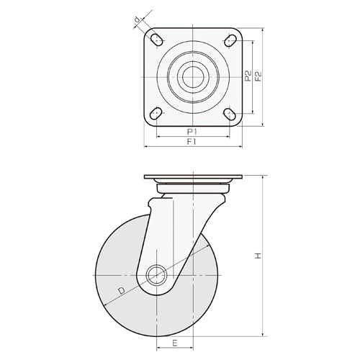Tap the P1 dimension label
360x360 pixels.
(x=192, y=132)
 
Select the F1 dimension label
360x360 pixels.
(x=192, y=143)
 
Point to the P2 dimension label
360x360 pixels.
(x=248, y=76)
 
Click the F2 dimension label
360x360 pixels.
(x=258, y=76)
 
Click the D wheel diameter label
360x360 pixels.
(x=122, y=290)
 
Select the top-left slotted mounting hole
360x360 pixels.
(x=156, y=39)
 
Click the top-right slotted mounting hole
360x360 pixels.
(x=229, y=39)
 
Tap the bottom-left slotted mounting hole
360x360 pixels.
(x=156, y=113)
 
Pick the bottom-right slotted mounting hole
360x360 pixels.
(x=229, y=113)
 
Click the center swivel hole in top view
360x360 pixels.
(x=192, y=76)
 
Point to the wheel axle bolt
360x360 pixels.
(x=156, y=275)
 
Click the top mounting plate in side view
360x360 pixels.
(x=192, y=177)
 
